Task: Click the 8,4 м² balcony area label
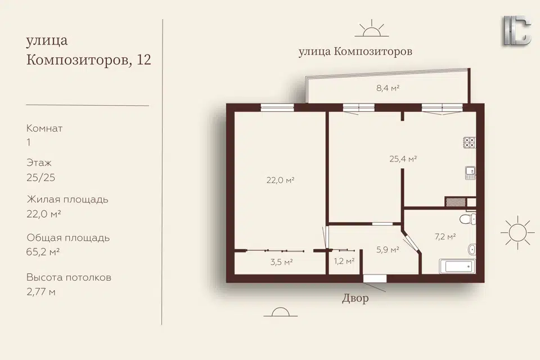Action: (x=388, y=88)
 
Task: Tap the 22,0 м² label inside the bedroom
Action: (x=280, y=180)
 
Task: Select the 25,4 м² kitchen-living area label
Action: (x=403, y=159)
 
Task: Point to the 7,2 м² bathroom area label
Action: (x=445, y=237)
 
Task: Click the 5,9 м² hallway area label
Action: (x=388, y=250)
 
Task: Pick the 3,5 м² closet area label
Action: (x=281, y=262)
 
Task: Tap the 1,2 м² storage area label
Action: (x=344, y=261)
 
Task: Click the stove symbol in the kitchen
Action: (x=469, y=143)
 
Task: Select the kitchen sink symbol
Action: (x=470, y=173)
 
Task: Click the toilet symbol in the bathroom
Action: (x=467, y=219)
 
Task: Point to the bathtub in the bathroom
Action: (x=457, y=266)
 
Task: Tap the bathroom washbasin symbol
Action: (x=472, y=249)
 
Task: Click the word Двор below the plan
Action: (x=355, y=298)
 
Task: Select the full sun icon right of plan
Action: (x=517, y=232)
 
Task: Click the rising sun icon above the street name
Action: (x=372, y=28)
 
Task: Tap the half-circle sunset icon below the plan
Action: (x=281, y=312)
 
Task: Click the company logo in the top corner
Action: (x=518, y=30)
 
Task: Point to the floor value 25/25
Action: (x=40, y=178)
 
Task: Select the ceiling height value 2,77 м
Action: (x=41, y=292)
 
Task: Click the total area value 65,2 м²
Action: (x=43, y=252)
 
